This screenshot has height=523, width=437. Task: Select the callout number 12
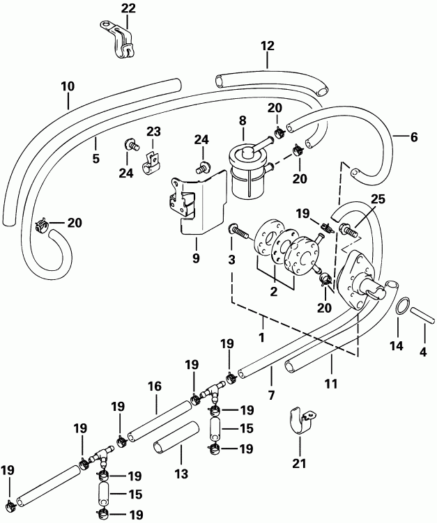268,46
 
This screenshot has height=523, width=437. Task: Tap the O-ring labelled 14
402,307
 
